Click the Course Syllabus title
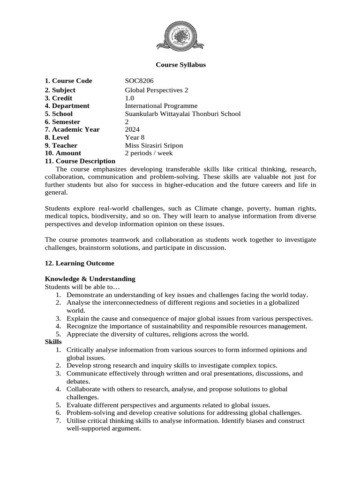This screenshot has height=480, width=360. pyautogui.click(x=180, y=65)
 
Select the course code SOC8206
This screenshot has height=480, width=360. pyautogui.click(x=139, y=81)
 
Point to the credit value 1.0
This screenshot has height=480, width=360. pyautogui.click(x=129, y=98)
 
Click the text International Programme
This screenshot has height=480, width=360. pyautogui.click(x=161, y=106)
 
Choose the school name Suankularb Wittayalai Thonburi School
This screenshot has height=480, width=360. pyautogui.click(x=182, y=114)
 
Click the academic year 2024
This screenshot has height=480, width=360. pyautogui.click(x=132, y=129)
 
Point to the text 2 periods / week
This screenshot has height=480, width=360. pyautogui.click(x=149, y=153)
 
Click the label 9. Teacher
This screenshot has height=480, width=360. pyautogui.click(x=62, y=145)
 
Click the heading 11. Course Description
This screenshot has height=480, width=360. pyautogui.click(x=80, y=161)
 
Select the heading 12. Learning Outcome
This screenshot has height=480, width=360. pyautogui.click(x=79, y=263)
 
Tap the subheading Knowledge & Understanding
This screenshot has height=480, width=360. pyautogui.click(x=90, y=279)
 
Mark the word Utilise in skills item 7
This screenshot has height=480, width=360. pyautogui.click(x=77, y=421)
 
